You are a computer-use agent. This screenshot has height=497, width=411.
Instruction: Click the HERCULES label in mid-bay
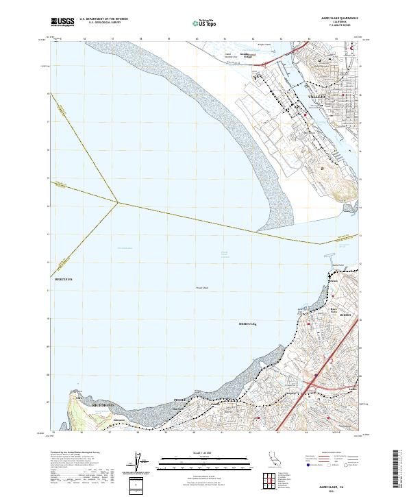click(x=247, y=323)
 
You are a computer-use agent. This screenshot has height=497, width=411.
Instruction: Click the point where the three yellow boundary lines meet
click(x=117, y=202)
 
